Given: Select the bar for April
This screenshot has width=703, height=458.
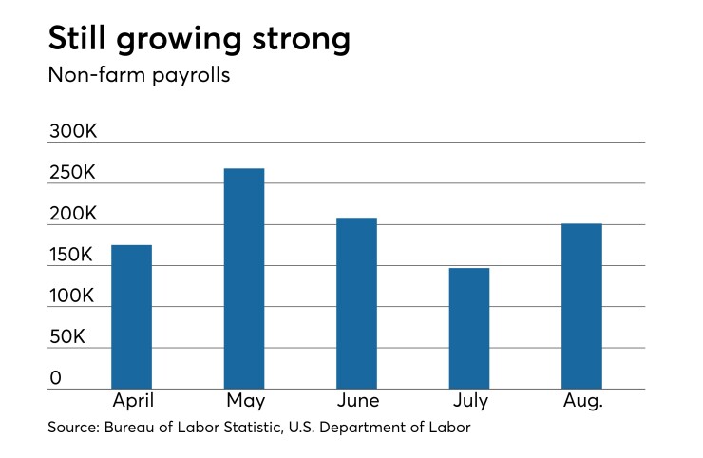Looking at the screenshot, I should click(x=131, y=316).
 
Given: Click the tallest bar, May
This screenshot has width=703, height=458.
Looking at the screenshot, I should click(x=244, y=278).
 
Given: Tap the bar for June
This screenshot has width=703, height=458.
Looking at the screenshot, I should click(x=356, y=303).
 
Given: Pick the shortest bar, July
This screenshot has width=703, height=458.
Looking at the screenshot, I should click(x=469, y=328).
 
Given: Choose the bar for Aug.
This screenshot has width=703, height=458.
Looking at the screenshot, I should click(x=581, y=306).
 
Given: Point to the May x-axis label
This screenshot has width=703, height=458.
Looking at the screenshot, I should click(x=244, y=401).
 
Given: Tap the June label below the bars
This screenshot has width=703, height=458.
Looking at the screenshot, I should click(x=356, y=401).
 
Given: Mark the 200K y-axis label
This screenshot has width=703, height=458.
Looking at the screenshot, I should click(x=73, y=214).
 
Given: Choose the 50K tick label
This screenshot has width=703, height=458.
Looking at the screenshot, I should click(x=67, y=337).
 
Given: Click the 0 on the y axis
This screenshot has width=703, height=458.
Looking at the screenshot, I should click(x=55, y=378).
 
